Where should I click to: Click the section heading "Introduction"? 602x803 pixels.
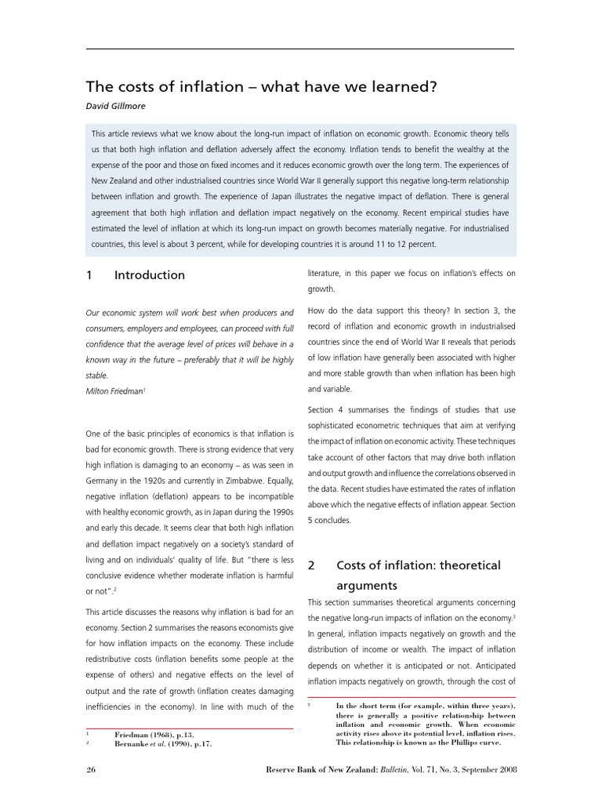[x=149, y=275]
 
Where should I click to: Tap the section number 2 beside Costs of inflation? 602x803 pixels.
[x=310, y=565]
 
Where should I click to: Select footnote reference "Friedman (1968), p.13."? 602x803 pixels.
[x=160, y=734]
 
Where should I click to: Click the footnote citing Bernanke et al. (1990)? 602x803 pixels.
[x=163, y=743]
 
